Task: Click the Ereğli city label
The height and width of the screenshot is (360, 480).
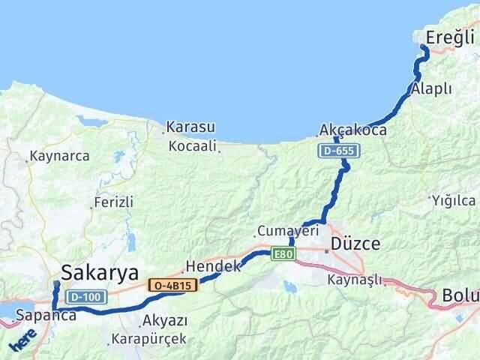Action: pyautogui.click(x=450, y=38)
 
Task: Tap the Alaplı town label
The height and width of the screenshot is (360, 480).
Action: pyautogui.click(x=431, y=88)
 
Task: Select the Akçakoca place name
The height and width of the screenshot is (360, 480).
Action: pyautogui.click(x=352, y=130)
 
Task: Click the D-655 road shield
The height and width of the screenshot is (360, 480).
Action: pyautogui.click(x=340, y=151)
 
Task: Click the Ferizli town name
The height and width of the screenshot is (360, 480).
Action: pyautogui.click(x=113, y=202)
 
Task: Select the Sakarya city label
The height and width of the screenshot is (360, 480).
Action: pyautogui.click(x=100, y=271)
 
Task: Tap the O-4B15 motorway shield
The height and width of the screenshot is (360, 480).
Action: pyautogui.click(x=172, y=285)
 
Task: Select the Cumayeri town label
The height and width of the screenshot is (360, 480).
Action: pyautogui.click(x=283, y=230)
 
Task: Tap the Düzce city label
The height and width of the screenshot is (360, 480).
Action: pyautogui.click(x=356, y=244)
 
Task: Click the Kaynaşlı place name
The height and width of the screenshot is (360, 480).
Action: pyautogui.click(x=354, y=280)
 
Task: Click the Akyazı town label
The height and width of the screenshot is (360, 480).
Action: pyautogui.click(x=164, y=321)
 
